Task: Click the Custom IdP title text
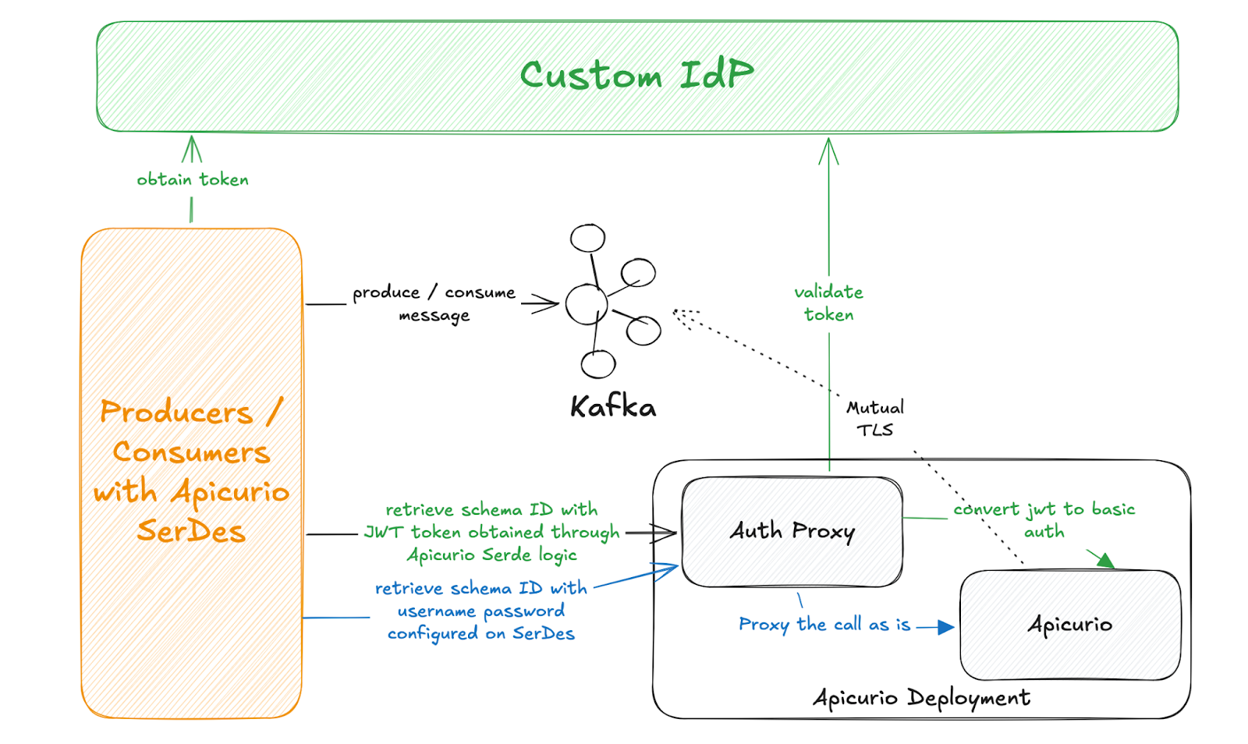click(x=636, y=76)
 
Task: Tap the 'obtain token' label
click(x=193, y=179)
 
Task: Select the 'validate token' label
click(x=828, y=303)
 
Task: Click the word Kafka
click(x=613, y=406)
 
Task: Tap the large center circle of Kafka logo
click(x=587, y=304)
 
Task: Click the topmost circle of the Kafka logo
click(x=587, y=238)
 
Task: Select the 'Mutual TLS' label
click(x=875, y=418)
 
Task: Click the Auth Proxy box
click(x=792, y=532)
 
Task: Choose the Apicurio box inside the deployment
click(x=1070, y=625)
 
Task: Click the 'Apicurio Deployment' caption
click(x=921, y=697)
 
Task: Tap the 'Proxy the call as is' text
click(x=824, y=625)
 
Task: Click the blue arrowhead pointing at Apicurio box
click(x=946, y=627)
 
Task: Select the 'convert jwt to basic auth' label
click(x=1044, y=520)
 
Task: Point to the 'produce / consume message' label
click(x=434, y=303)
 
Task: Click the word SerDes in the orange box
click(x=191, y=532)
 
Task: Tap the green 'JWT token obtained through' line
click(x=492, y=533)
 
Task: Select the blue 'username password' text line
click(x=481, y=611)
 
